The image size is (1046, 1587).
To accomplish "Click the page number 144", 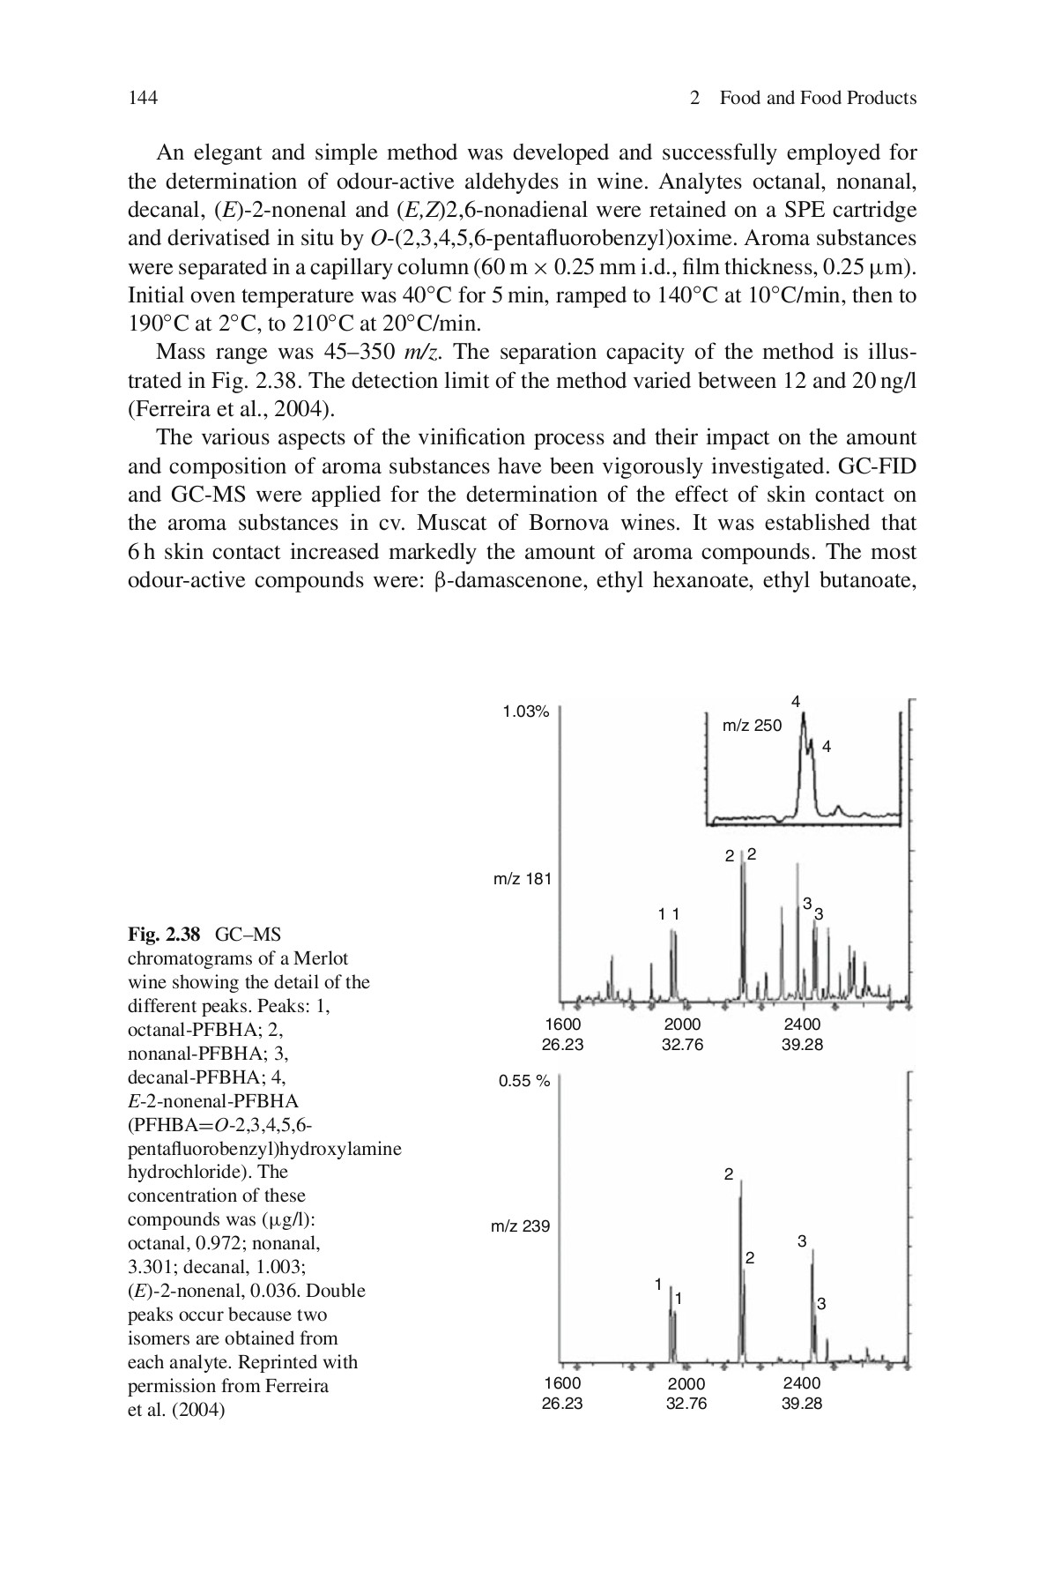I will click(x=143, y=98).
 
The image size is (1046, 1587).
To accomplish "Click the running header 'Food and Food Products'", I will click(x=817, y=98).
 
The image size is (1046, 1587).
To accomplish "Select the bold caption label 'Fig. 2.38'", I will click(x=165, y=934).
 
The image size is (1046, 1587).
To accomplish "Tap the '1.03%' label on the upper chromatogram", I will click(x=525, y=712).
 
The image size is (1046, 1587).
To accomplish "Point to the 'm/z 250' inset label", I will click(x=752, y=726).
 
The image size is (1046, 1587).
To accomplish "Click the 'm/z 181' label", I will click(x=522, y=878).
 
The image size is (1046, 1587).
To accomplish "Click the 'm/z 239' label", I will click(x=520, y=1226).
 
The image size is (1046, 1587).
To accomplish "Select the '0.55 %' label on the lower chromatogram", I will click(x=524, y=1081).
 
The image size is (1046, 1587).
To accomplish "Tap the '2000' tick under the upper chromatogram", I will click(x=682, y=1024).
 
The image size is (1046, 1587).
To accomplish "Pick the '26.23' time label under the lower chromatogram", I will click(x=562, y=1404).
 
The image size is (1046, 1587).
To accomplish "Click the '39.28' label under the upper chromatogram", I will click(x=801, y=1045).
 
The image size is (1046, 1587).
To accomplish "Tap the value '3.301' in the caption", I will click(x=151, y=1267).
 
